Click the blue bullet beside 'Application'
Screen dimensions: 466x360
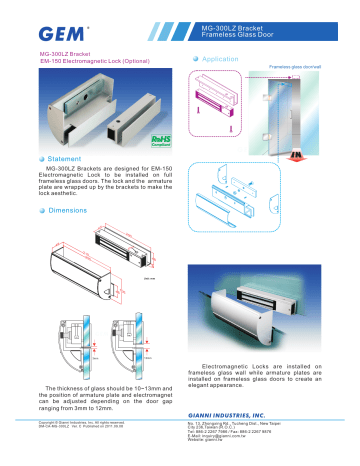pyautogui.click(x=193, y=60)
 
